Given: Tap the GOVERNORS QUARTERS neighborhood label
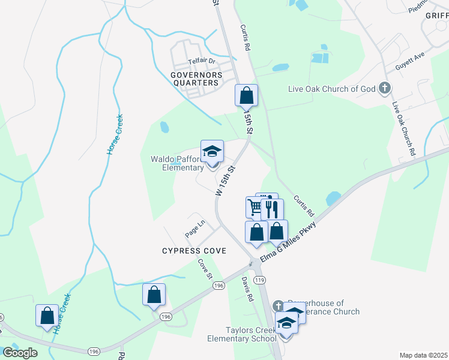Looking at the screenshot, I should pos(196,79).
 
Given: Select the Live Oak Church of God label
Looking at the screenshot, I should pos(332,89).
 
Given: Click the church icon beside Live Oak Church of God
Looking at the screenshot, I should pos(385,89).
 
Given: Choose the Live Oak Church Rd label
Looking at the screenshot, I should pos(403,129).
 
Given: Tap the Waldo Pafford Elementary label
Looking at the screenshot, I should pos(176,163).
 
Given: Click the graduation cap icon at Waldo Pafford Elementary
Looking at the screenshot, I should pos(212,152).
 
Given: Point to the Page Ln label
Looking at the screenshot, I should pos(195,227).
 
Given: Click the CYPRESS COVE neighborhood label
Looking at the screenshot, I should pos(194,250).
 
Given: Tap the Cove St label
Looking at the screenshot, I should pos(205,268).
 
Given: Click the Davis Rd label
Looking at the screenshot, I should pos(247,289).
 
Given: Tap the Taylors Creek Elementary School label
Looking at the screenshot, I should pos(251,334).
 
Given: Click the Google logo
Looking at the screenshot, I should pos(20,353).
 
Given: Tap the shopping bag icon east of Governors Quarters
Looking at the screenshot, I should pos(246,95).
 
